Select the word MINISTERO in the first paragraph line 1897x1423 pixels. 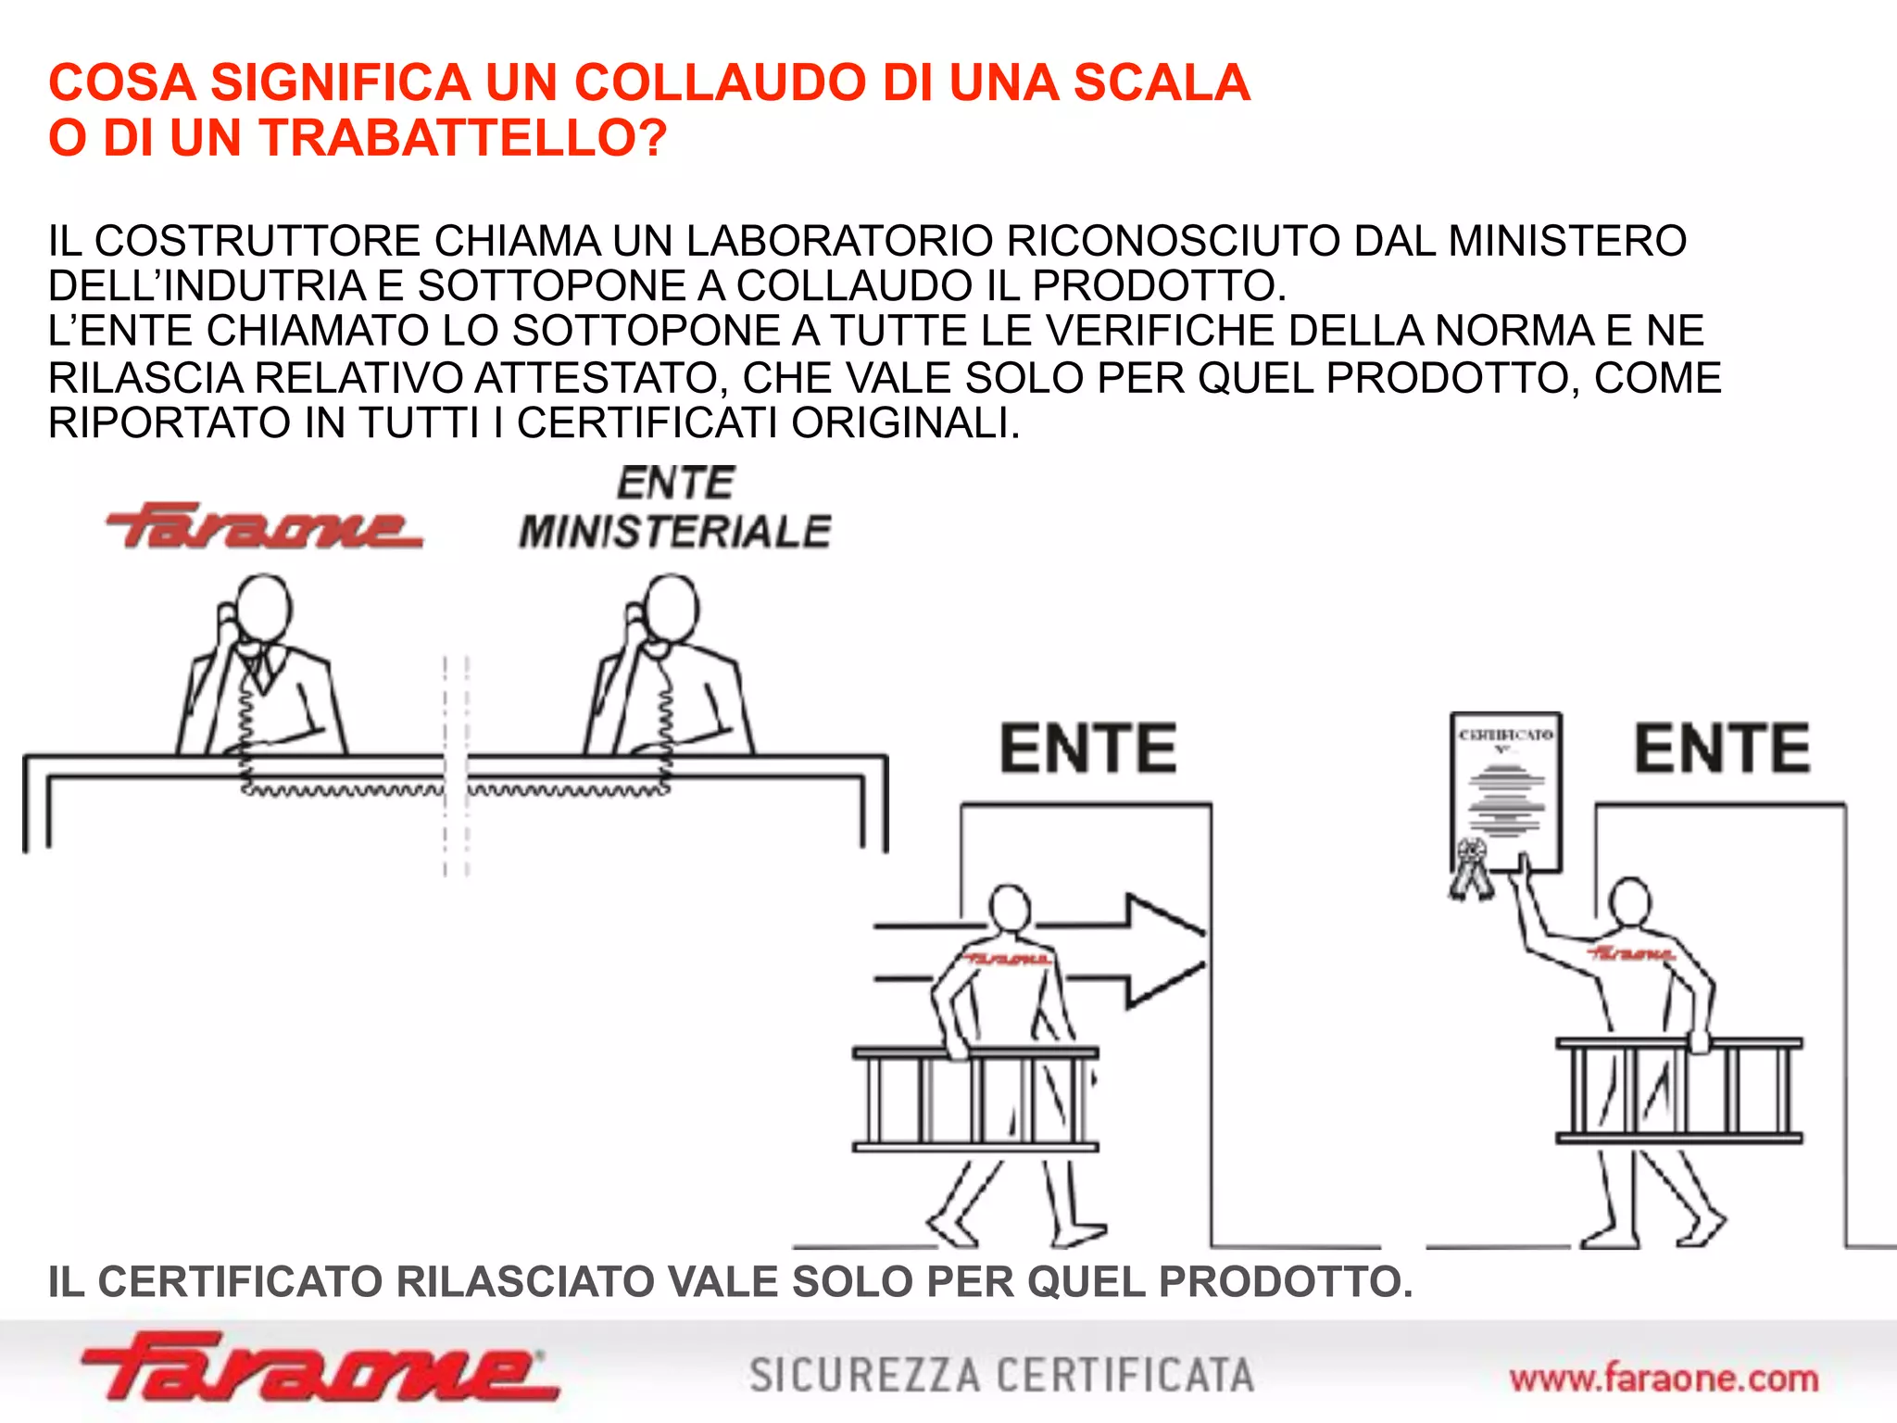[1566, 241]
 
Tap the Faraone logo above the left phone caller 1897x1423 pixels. [264, 526]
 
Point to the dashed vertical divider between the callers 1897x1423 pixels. [456, 764]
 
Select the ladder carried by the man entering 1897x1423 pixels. [974, 1100]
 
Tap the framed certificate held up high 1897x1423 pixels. [1506, 793]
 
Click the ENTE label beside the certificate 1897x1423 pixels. [1721, 749]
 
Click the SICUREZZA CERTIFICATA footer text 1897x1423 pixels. [1001, 1376]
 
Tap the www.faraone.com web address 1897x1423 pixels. [1664, 1379]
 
